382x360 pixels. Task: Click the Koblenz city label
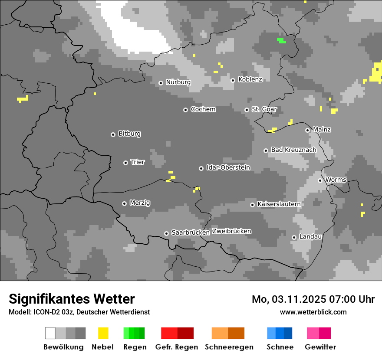click(x=250, y=80)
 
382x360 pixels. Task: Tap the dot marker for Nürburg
click(x=161, y=82)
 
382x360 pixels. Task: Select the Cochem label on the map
click(x=203, y=109)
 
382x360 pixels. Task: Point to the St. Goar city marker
click(x=247, y=110)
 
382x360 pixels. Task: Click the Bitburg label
click(x=129, y=134)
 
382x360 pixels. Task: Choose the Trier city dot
click(x=125, y=163)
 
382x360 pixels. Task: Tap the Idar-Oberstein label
click(x=228, y=167)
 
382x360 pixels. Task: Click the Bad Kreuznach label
click(x=293, y=150)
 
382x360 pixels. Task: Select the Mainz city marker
click(x=307, y=130)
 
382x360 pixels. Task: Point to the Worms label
click(x=336, y=180)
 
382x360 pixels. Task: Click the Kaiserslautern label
click(x=279, y=204)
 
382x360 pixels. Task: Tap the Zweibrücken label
click(x=231, y=231)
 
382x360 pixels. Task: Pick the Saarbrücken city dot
click(x=166, y=233)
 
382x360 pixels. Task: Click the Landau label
click(x=310, y=236)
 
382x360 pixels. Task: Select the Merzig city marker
click(x=124, y=203)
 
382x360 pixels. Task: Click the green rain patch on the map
click(x=281, y=41)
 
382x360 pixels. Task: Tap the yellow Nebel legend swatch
click(x=103, y=333)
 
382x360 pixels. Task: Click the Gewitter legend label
click(x=320, y=347)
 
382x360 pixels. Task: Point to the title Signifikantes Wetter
click(x=72, y=299)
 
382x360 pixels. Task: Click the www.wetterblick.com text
click(x=313, y=312)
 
